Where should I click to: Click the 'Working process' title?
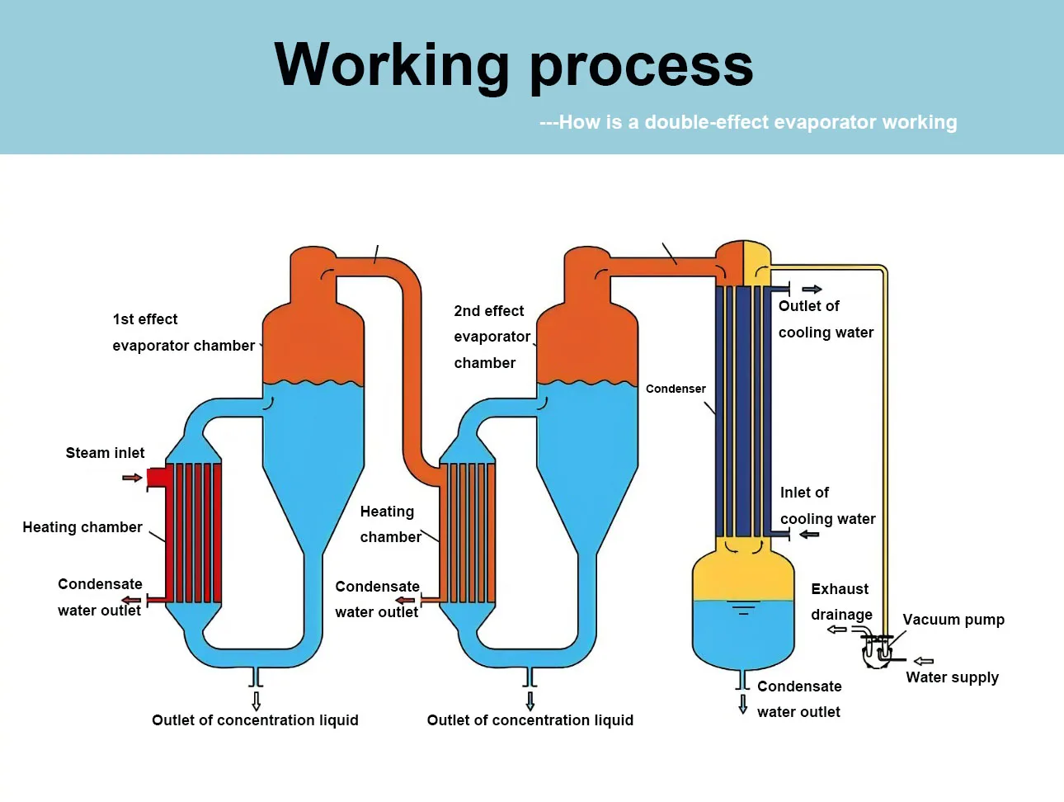pos(513,65)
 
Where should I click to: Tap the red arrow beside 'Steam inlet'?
pos(132,478)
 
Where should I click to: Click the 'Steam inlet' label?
pos(105,453)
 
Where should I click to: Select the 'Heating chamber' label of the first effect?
pos(82,527)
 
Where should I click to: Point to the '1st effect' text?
pos(145,319)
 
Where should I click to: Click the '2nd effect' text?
pos(488,311)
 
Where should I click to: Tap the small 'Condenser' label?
pos(676,389)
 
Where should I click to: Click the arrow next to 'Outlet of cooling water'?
pos(812,289)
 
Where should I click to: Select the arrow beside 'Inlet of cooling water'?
pos(810,535)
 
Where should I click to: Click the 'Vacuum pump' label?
pos(953,620)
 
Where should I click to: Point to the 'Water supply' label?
pos(952,677)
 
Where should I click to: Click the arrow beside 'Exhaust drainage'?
pos(837,630)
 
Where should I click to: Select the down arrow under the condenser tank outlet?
pos(743,704)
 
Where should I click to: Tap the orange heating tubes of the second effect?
pos(468,532)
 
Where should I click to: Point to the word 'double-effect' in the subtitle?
pos(707,122)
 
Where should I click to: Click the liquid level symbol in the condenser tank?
pos(743,609)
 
